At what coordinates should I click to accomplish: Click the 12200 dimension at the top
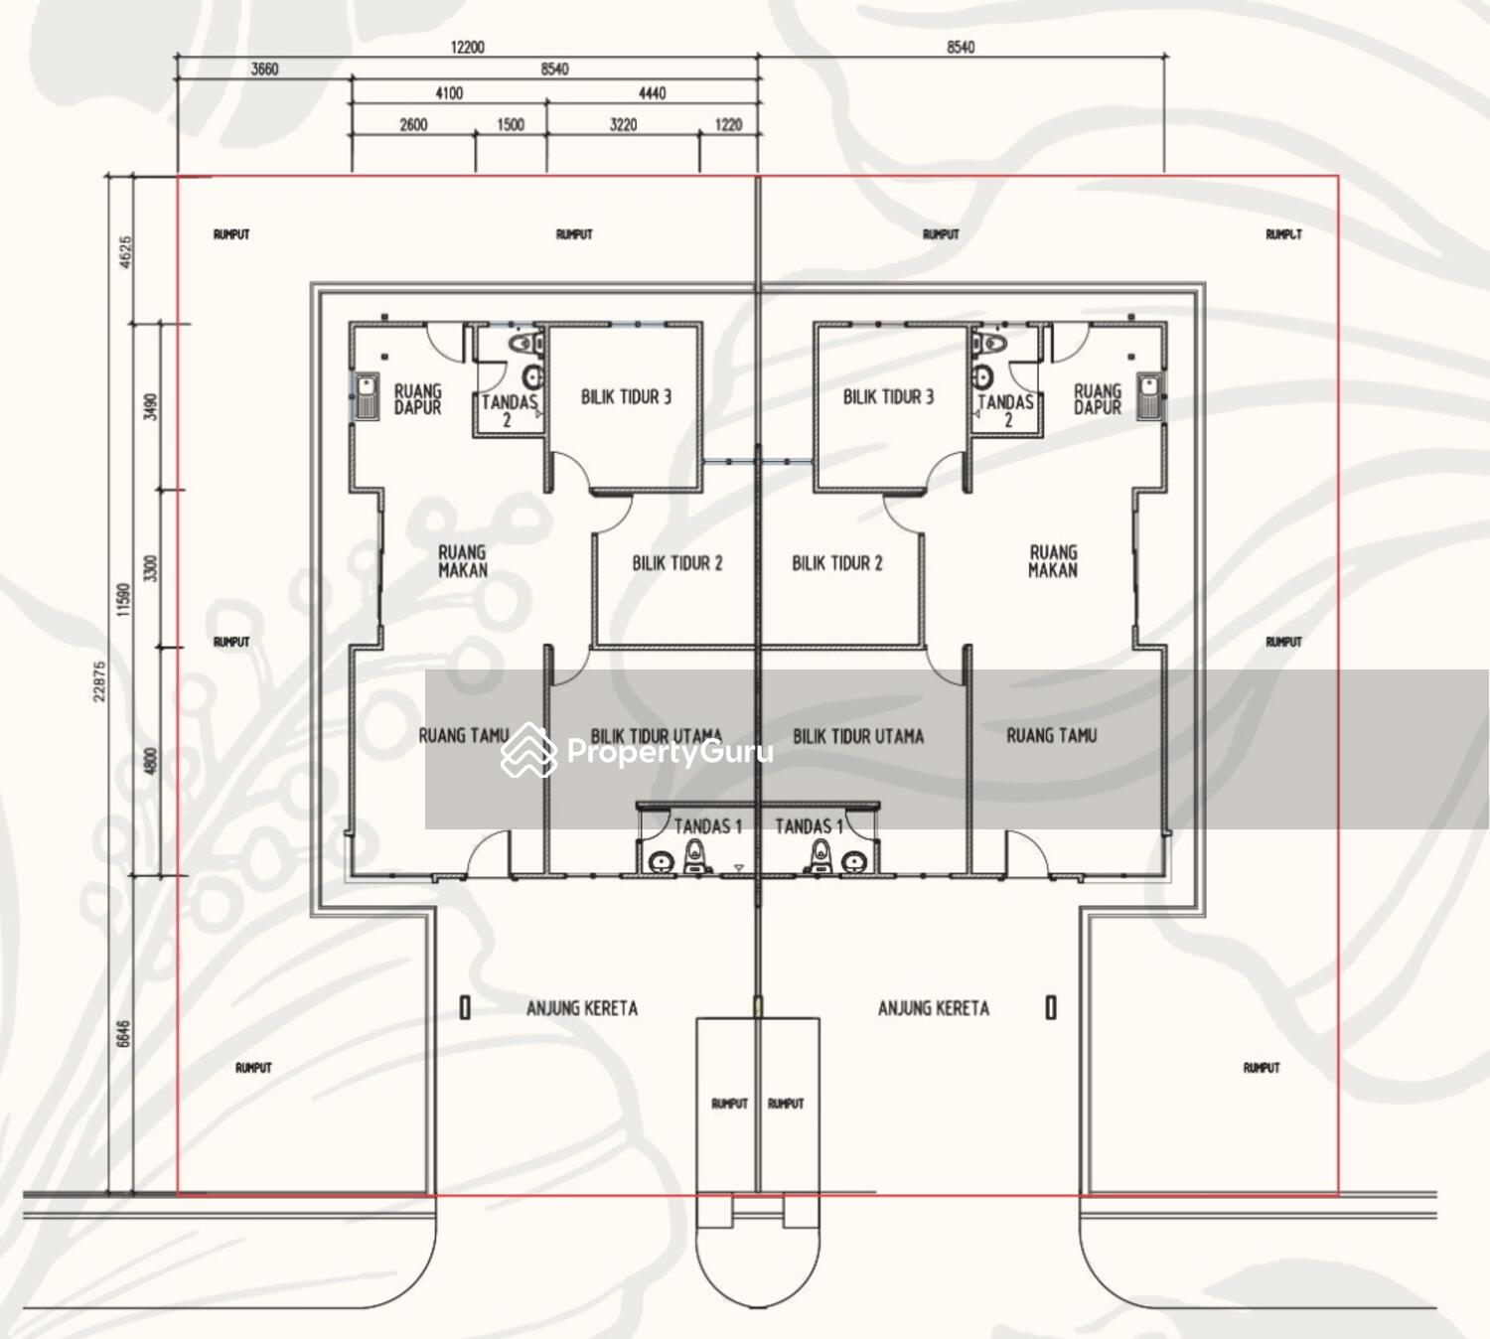click(x=467, y=48)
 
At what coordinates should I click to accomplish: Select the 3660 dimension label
click(x=264, y=70)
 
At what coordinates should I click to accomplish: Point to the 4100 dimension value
click(x=449, y=93)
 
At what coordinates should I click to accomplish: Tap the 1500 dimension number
click(x=511, y=124)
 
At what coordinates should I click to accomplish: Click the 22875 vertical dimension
click(x=101, y=681)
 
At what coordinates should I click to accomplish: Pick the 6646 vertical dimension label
click(x=124, y=1034)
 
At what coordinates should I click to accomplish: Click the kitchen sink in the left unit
click(x=367, y=395)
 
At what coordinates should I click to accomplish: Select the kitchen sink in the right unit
click(x=1149, y=395)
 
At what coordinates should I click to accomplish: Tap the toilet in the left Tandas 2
click(x=525, y=344)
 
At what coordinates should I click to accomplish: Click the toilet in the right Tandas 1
click(x=820, y=855)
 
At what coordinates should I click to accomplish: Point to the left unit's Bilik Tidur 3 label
click(x=626, y=396)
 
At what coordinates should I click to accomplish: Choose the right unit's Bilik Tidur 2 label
click(x=837, y=563)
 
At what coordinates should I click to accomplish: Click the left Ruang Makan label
click(x=463, y=561)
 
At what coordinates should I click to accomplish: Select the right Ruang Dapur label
click(x=1098, y=399)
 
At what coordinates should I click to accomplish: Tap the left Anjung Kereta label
click(x=582, y=1008)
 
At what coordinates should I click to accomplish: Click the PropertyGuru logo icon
click(x=528, y=750)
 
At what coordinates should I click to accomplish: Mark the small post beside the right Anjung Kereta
click(x=1051, y=1007)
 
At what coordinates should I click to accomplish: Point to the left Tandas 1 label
click(x=708, y=826)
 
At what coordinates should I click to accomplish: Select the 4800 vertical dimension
click(x=151, y=762)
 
